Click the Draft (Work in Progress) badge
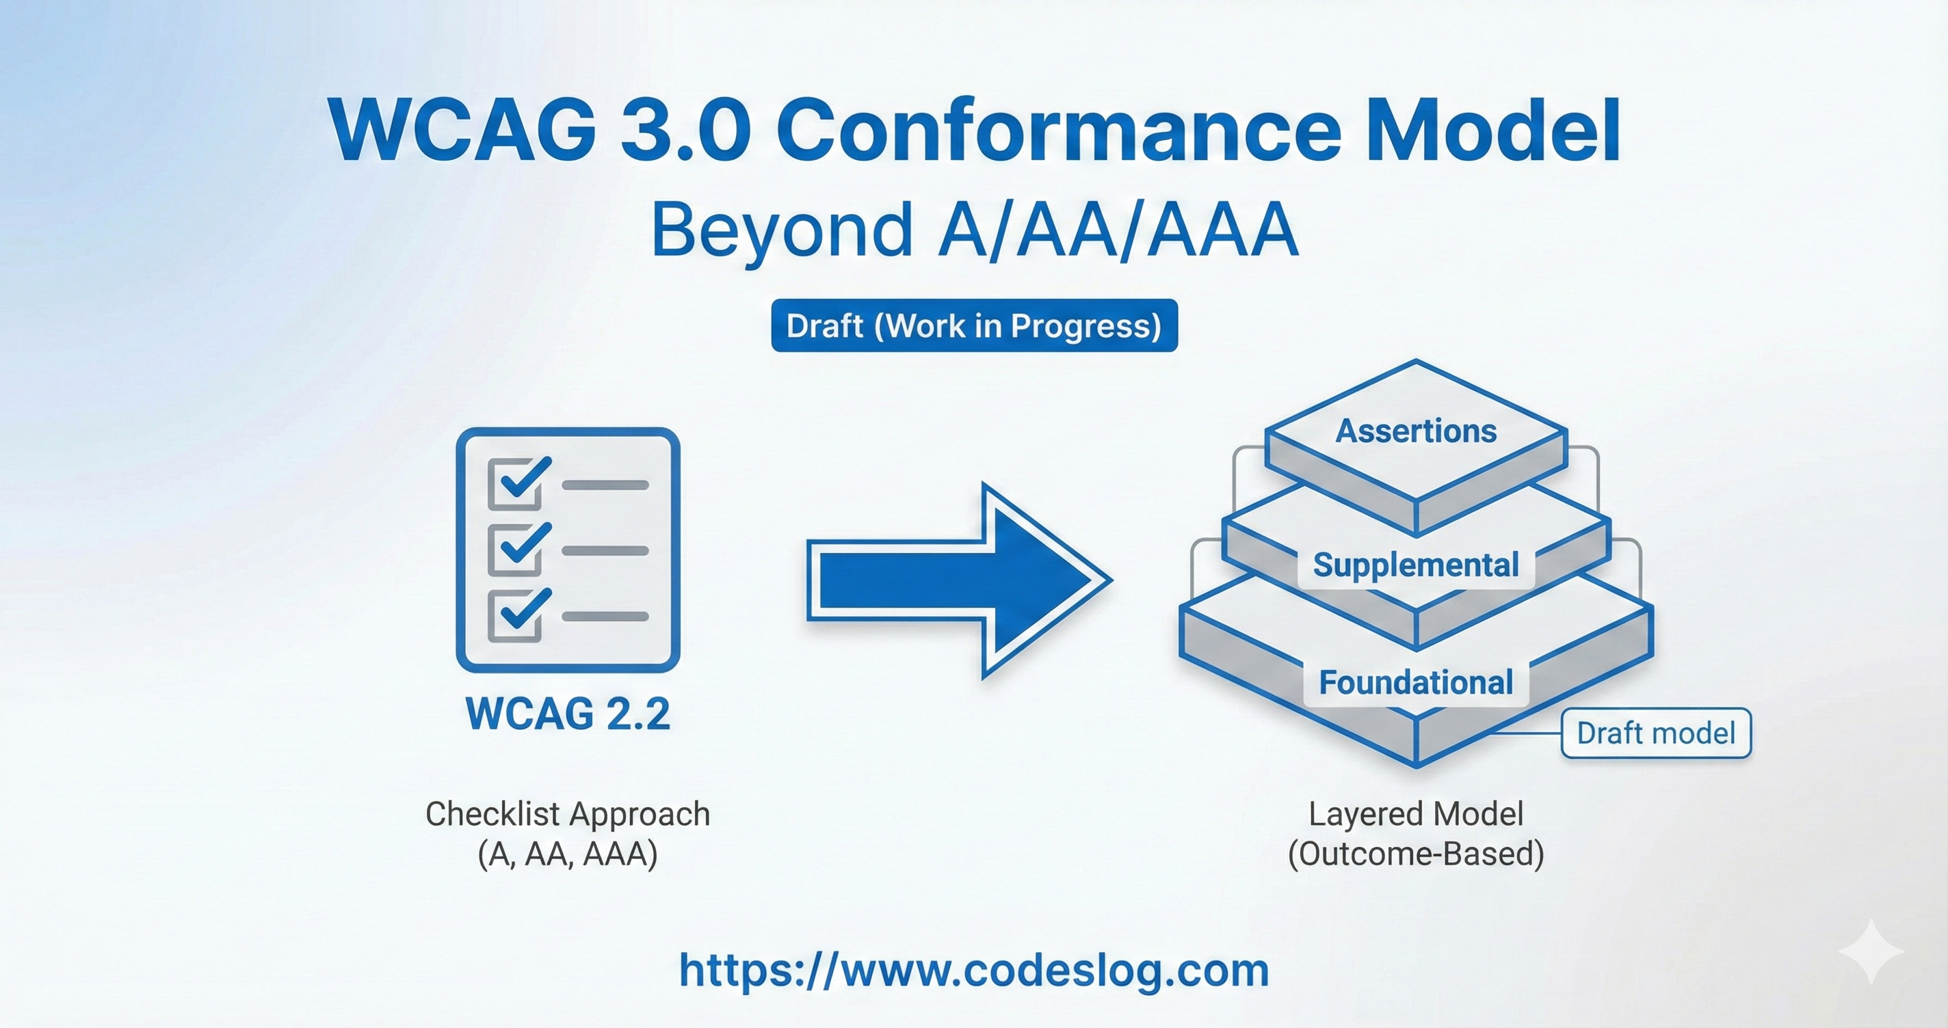pos(974,326)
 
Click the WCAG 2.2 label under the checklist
pos(568,714)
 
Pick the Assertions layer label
pos(1416,431)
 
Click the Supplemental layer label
pos(1416,565)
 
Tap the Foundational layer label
pos(1416,683)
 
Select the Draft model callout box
pos(1655,733)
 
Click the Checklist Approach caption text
pos(568,814)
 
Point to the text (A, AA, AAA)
pos(568,854)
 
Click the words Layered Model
pos(1416,814)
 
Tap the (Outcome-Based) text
pos(1416,854)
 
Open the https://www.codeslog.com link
pos(974,971)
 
